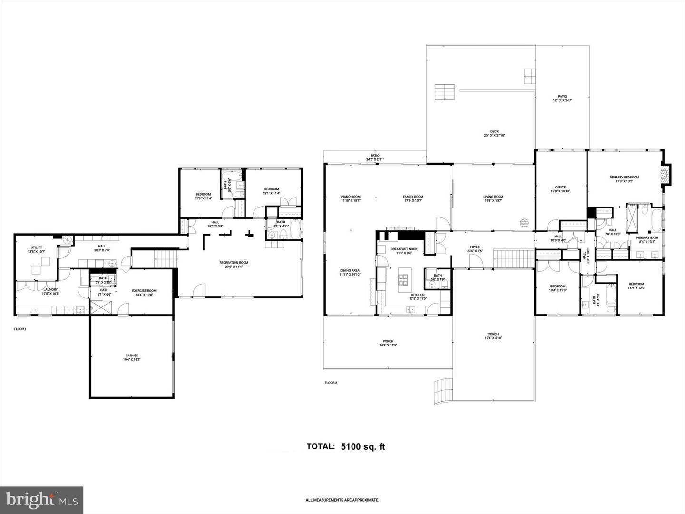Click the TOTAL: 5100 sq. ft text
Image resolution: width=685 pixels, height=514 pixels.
[x=345, y=446]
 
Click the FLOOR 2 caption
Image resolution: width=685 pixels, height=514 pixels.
[x=331, y=383]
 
